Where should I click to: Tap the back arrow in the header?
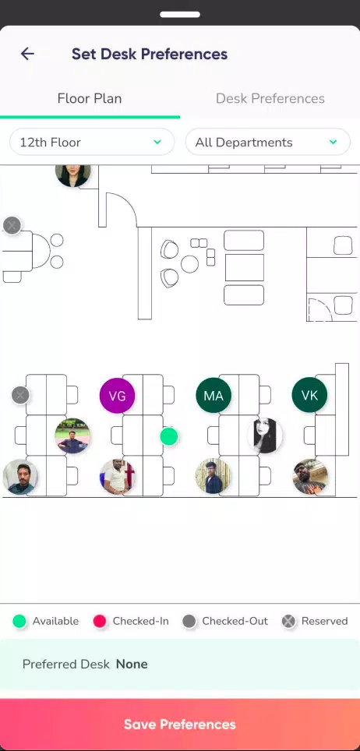tap(27, 54)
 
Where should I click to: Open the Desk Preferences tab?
tap(270, 99)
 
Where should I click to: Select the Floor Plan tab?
tap(90, 99)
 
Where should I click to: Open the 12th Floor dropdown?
tap(91, 142)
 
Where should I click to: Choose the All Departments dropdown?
tap(267, 142)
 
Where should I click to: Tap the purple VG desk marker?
tap(117, 396)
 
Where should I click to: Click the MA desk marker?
tap(214, 396)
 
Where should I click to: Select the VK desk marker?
tap(309, 396)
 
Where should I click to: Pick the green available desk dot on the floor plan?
tap(169, 436)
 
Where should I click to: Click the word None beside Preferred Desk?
tap(132, 664)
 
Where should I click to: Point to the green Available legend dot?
tap(19, 621)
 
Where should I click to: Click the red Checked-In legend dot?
tap(100, 621)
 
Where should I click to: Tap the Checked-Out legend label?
tap(235, 621)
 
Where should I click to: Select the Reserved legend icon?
tap(288, 621)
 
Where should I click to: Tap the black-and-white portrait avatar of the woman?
tap(265, 435)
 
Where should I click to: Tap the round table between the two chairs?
tap(190, 264)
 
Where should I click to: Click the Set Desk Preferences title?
tap(150, 54)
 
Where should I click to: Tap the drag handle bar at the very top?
tap(180, 14)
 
